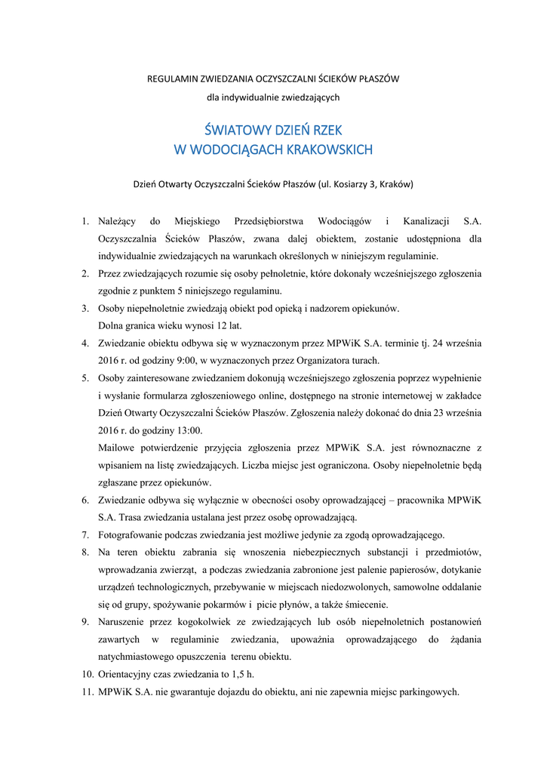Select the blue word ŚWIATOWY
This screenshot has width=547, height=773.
[235, 131]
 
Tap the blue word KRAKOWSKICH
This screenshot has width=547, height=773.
[330, 149]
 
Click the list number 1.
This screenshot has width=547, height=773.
[85, 222]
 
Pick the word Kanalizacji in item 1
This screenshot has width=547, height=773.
[426, 222]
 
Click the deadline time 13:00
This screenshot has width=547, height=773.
[189, 430]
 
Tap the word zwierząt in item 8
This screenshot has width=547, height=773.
[175, 569]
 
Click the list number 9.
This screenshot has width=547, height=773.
[85, 621]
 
